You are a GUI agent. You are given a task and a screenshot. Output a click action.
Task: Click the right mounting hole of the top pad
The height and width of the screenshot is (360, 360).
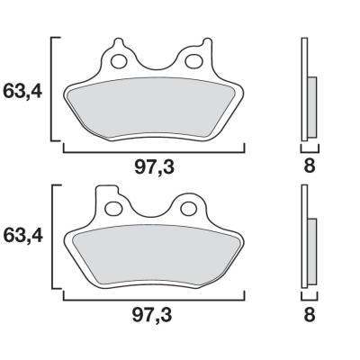(x=193, y=63)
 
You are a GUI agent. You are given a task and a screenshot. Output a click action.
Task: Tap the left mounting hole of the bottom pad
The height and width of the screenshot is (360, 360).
(x=113, y=209)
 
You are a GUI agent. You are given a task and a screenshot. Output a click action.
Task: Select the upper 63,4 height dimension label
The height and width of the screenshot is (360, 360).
(x=24, y=91)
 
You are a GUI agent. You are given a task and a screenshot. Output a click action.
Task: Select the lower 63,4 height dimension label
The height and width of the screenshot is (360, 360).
(x=24, y=237)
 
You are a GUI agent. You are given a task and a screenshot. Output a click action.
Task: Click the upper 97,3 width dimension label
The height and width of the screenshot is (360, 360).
(x=154, y=166)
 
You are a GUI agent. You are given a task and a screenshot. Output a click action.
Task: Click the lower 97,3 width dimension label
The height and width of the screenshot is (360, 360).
(x=154, y=315)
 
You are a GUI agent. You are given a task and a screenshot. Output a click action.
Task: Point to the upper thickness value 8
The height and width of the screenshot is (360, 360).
(x=309, y=166)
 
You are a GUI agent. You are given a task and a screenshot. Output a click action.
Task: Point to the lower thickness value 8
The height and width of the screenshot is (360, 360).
(x=309, y=315)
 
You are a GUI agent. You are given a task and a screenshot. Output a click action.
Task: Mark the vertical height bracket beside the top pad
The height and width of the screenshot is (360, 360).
(x=53, y=90)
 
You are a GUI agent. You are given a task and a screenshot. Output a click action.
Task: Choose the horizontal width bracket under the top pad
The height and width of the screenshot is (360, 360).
(x=154, y=149)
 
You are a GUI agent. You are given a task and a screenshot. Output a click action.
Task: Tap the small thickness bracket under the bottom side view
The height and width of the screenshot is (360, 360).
(x=308, y=295)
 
